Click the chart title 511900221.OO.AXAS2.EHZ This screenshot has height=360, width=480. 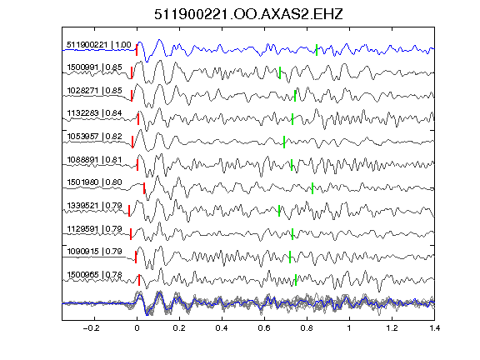(x=248, y=14)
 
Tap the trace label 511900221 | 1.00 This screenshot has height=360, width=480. (x=99, y=45)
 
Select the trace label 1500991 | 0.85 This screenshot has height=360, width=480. (x=94, y=67)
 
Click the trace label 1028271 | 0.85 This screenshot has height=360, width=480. (x=94, y=90)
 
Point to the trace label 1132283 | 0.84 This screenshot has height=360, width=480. (x=94, y=113)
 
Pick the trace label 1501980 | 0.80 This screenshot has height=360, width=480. (x=94, y=182)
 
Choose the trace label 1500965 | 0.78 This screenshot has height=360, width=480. (x=94, y=275)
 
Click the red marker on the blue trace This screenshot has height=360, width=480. (x=137, y=50)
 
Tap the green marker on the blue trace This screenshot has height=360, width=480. (x=317, y=50)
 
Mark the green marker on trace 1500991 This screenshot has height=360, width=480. (x=280, y=72)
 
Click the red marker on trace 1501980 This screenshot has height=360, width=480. (x=144, y=188)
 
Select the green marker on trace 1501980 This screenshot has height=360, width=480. (x=312, y=188)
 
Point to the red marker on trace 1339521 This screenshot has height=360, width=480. (x=129, y=211)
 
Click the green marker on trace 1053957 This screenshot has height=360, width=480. (x=284, y=142)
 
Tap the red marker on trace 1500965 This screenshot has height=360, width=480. (x=139, y=280)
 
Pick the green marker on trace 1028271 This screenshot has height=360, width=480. (x=295, y=96)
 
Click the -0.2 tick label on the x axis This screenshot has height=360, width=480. (x=91, y=328)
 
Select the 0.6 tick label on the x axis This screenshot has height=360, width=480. (x=264, y=328)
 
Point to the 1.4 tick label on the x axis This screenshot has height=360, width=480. (x=434, y=328)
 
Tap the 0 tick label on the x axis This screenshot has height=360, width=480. (x=137, y=328)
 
